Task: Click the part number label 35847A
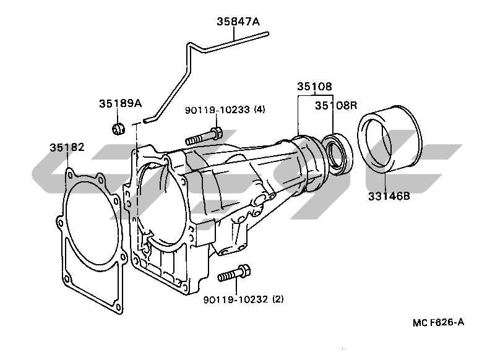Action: tap(238, 22)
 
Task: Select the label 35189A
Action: tap(120, 103)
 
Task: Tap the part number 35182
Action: tap(67, 147)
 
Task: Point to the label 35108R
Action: tap(336, 105)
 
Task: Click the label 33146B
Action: tap(389, 196)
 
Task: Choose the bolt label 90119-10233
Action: tap(217, 110)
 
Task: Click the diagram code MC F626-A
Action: tap(438, 322)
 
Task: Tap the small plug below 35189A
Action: tap(118, 129)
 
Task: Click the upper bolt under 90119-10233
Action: tap(204, 137)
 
